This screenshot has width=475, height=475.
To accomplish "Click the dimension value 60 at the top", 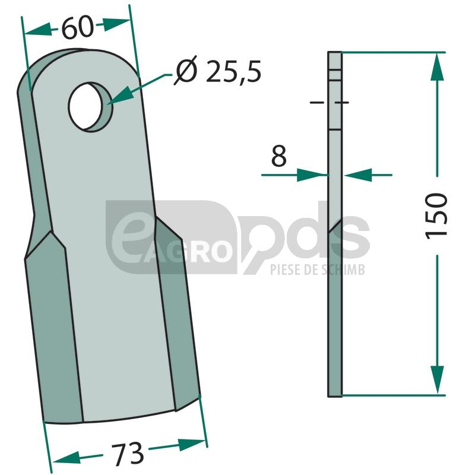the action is tap(77, 27).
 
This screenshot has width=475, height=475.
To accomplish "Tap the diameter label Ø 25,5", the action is tap(217, 71).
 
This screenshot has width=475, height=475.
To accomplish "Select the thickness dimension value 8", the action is tap(278, 156).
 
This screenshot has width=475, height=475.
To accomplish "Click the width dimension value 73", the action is tap(127, 454).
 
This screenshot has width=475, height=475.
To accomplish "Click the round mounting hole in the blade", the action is tap(90, 107).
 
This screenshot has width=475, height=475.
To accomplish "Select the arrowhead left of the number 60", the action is tap(38, 30).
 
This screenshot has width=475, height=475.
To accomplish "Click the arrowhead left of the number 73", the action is tap(66, 457).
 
